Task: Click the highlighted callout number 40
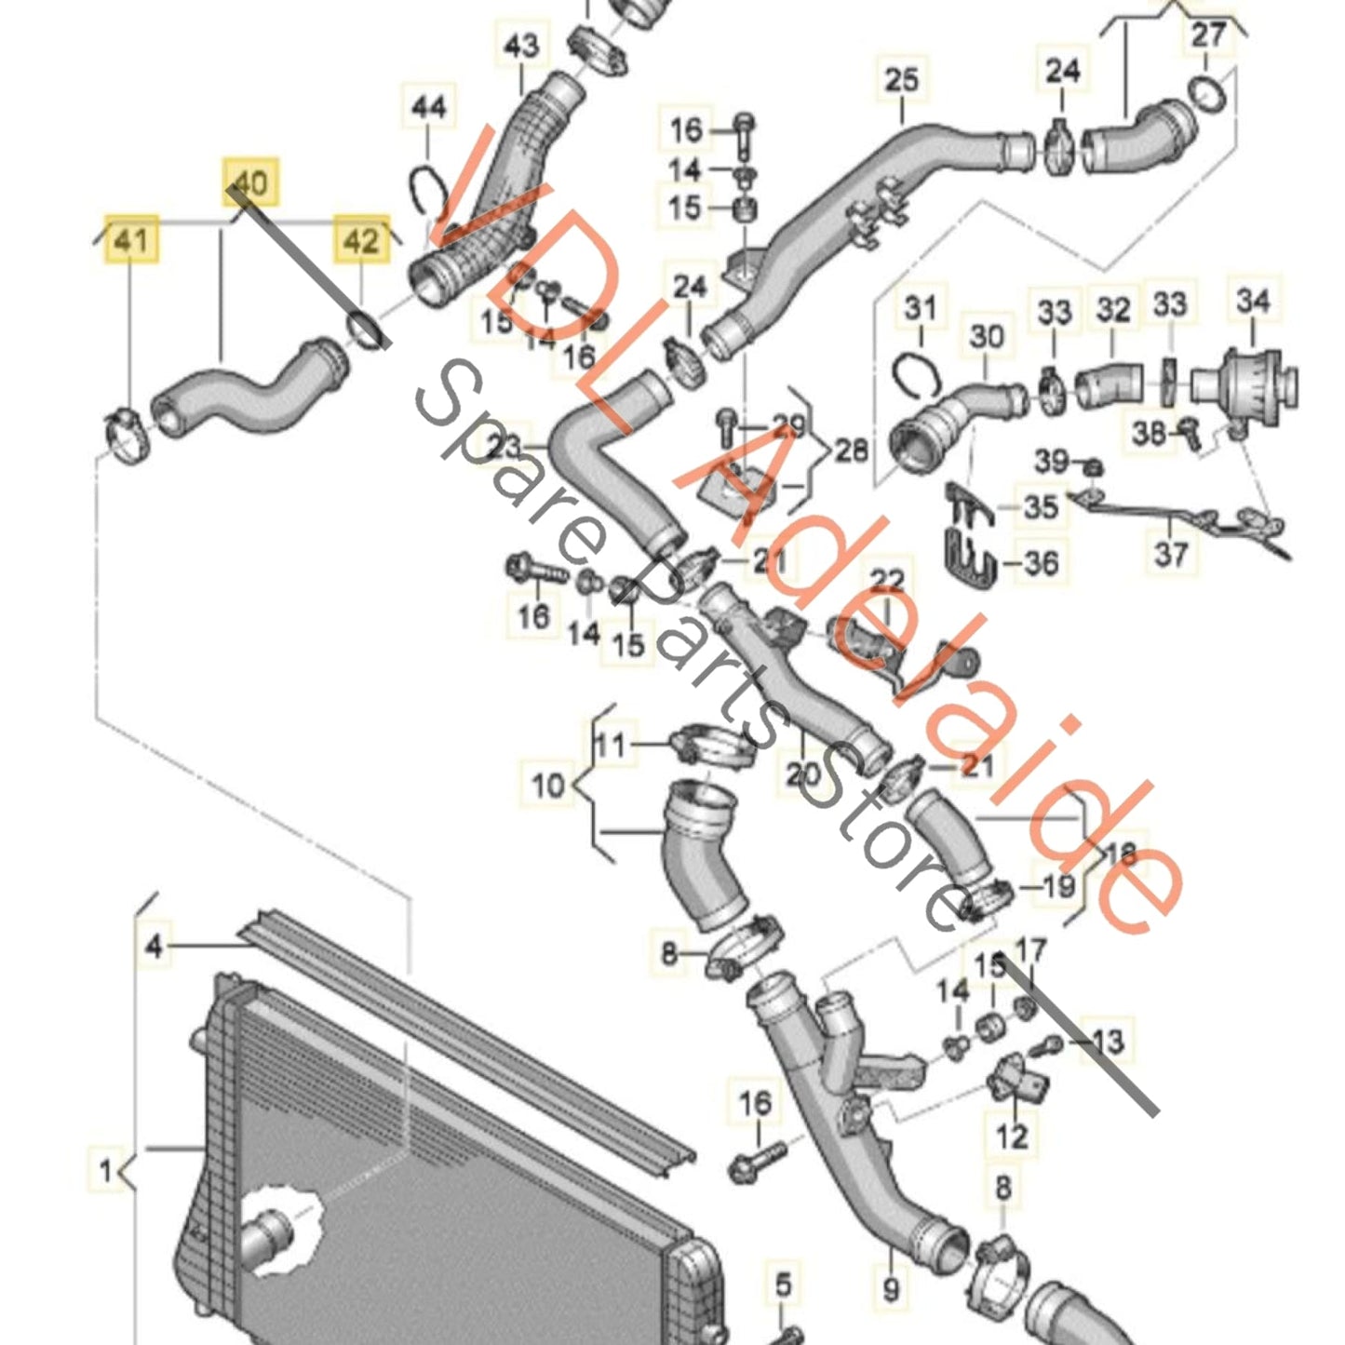tap(249, 182)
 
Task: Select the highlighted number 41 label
tap(130, 241)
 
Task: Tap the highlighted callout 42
tap(361, 241)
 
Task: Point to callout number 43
tap(520, 45)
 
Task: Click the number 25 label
tap(900, 79)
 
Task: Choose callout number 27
tap(1207, 35)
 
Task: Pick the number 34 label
tap(1253, 301)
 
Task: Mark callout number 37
tap(1171, 554)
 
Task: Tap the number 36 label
tap(1040, 562)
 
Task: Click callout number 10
tap(547, 785)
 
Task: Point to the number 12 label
tap(1012, 1136)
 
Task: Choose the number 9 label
tap(891, 1289)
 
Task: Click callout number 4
tap(155, 947)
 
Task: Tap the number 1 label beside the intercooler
tap(106, 1170)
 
